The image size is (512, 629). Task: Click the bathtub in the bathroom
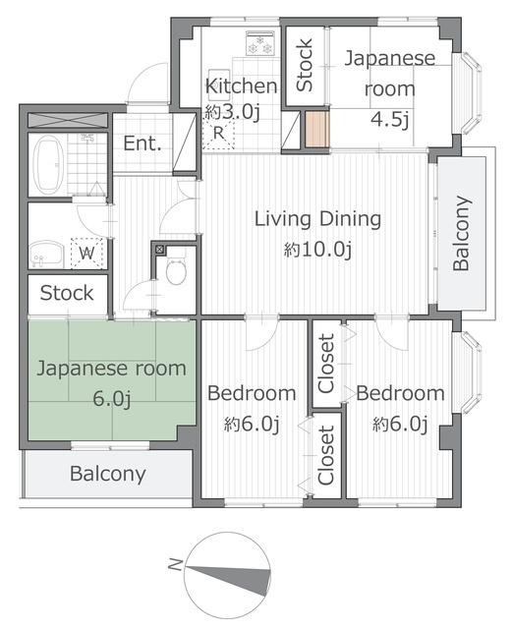tap(48, 164)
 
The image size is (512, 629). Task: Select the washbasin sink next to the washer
tap(46, 254)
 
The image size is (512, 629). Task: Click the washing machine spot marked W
tap(87, 254)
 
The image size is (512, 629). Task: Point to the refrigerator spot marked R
tap(218, 133)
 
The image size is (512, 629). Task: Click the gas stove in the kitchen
tap(259, 43)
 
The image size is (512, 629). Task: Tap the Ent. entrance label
tap(142, 143)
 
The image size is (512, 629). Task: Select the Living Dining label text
tap(317, 219)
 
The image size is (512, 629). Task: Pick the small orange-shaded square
tap(317, 129)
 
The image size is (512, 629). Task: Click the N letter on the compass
tap(175, 565)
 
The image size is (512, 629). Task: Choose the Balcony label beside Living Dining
tap(461, 233)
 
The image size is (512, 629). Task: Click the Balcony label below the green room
tap(107, 474)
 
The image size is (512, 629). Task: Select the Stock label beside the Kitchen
tap(304, 65)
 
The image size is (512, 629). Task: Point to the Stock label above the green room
tap(67, 293)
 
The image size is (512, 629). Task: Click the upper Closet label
tap(326, 364)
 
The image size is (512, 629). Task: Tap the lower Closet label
tap(326, 455)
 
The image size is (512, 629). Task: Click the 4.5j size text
tap(390, 119)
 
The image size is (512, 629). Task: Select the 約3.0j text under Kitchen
tap(233, 112)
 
